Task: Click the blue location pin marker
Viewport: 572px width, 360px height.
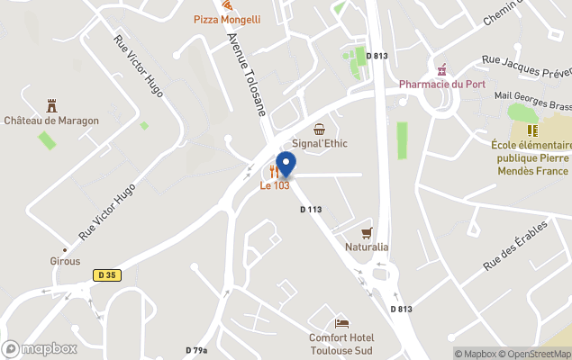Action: [286, 166]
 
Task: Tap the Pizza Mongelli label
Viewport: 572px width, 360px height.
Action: [227, 19]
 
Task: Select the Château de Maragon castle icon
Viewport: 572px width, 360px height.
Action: [50, 106]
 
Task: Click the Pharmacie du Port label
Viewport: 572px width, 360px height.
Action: [442, 84]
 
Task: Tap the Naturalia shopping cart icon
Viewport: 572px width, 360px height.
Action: [367, 233]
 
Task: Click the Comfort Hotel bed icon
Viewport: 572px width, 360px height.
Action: [341, 324]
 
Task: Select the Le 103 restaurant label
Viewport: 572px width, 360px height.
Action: [276, 186]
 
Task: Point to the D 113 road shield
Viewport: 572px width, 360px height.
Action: [311, 210]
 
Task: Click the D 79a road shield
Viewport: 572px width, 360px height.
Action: [196, 350]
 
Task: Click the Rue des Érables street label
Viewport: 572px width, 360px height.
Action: [514, 245]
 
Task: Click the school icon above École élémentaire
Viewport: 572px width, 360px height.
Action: [531, 130]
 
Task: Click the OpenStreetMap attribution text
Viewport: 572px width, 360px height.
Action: [534, 354]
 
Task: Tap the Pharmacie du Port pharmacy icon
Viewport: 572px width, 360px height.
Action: [441, 70]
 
